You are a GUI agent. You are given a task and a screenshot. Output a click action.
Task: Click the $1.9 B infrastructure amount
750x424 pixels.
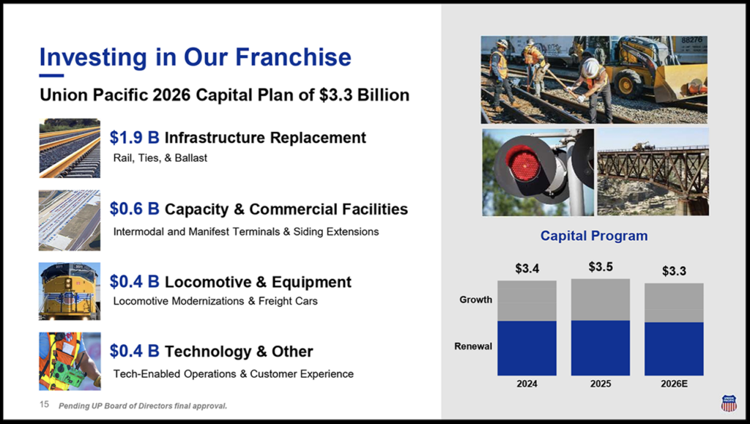135,137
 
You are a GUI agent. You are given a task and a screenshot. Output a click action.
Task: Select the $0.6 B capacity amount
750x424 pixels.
135,209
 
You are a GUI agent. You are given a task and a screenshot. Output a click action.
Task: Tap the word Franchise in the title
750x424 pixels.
293,57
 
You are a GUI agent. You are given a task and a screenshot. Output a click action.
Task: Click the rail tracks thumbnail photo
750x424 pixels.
70,148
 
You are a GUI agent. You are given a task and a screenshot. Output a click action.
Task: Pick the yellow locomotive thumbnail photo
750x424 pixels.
70,291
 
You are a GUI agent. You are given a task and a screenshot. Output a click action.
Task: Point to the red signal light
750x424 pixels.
523,165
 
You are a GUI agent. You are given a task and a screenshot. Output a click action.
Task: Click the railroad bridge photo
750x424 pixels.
653,172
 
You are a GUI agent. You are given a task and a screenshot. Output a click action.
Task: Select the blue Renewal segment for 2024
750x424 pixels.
527,348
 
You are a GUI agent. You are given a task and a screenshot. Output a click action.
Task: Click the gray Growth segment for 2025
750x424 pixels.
601,300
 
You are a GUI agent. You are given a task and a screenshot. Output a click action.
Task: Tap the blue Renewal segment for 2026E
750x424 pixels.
674,349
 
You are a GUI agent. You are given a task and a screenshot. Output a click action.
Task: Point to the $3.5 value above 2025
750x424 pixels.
601,267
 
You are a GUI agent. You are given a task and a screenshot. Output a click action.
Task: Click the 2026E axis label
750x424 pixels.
674,384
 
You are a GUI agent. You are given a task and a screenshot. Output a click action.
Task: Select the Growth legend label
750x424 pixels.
475,300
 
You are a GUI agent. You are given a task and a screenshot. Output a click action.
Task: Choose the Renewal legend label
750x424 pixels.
473,346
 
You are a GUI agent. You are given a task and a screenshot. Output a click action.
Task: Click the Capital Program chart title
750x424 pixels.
594,236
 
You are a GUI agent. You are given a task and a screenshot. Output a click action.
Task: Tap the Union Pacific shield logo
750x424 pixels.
729,403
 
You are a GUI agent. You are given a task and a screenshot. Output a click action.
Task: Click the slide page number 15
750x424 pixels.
44,404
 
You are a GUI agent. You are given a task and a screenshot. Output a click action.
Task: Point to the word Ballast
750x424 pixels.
191,158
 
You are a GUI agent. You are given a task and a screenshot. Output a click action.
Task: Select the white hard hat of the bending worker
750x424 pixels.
591,67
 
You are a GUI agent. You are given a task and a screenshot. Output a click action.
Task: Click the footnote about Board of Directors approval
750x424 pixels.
143,406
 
